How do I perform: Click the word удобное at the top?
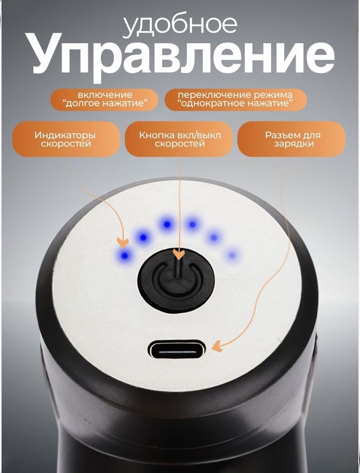[x=180, y=25]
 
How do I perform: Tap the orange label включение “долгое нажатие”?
[x=105, y=99]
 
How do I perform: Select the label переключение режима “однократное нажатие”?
[x=236, y=99]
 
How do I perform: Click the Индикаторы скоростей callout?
[x=66, y=139]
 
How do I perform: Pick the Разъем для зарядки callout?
[x=292, y=139]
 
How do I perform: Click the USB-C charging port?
[x=178, y=352]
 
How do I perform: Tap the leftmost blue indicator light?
[x=124, y=256]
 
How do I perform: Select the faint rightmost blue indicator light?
[x=231, y=255]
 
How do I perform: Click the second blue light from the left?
[x=144, y=237]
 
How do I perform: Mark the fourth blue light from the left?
[x=192, y=224]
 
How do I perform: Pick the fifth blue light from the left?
[x=214, y=237]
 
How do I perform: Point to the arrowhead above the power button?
[x=180, y=255]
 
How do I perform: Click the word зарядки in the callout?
[x=294, y=144]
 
